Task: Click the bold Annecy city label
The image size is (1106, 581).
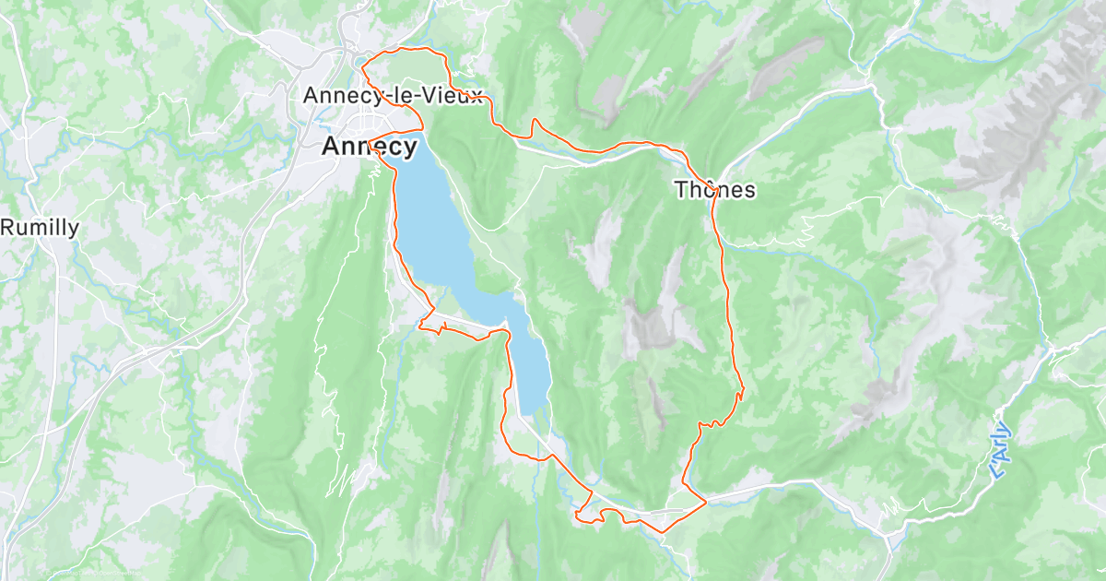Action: click(369, 147)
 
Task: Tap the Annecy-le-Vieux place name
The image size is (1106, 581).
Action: click(394, 95)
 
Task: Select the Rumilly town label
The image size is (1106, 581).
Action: click(40, 228)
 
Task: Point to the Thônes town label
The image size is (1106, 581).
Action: click(715, 191)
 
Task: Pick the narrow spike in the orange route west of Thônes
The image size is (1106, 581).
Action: click(533, 121)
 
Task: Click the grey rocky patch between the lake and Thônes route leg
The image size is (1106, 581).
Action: click(650, 323)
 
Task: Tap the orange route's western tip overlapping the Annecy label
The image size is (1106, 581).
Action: click(369, 143)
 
